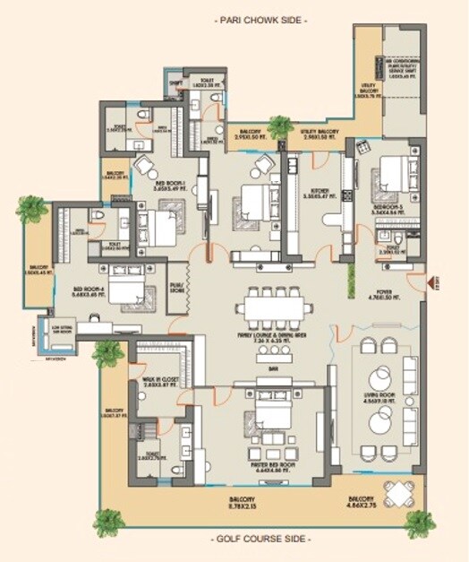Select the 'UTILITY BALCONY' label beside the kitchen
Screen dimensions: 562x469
coord(320,133)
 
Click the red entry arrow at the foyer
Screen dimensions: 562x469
coord(431,282)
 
